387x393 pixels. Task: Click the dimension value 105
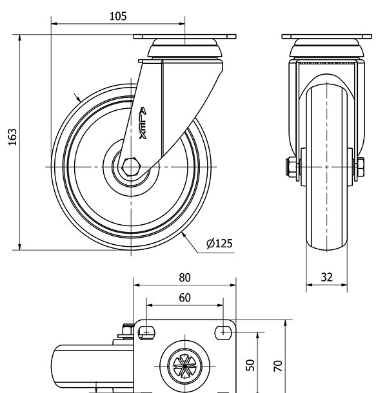tap(117, 16)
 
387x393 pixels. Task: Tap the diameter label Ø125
tap(219, 244)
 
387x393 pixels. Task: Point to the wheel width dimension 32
tap(326, 278)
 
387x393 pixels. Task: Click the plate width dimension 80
tap(184, 278)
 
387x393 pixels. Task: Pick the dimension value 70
tap(277, 365)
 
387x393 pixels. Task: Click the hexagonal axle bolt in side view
tap(131, 166)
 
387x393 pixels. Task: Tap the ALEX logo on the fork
tap(143, 124)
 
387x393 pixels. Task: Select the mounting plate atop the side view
tap(184, 35)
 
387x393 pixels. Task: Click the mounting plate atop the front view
tap(326, 35)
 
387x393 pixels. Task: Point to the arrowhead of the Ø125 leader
tap(183, 235)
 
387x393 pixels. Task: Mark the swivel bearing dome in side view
tap(184, 49)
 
